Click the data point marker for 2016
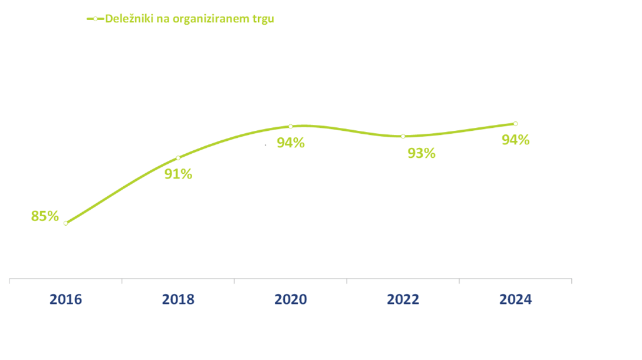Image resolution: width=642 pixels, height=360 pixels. pos(65,223)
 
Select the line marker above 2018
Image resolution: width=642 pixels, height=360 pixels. pos(178,158)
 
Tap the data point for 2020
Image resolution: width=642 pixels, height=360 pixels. pos(291,126)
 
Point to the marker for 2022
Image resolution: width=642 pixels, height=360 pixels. pos(403,136)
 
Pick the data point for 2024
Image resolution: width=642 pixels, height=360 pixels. pos(516,124)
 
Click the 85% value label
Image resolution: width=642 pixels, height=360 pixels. pos(45,216)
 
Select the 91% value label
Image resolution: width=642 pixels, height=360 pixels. pos(178,174)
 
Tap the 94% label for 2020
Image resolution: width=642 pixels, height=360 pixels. pos(291,143)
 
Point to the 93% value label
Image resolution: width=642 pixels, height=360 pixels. pos(422,153)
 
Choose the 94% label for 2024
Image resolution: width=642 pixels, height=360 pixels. pos(515,140)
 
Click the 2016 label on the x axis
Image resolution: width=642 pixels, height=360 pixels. pos(65,299)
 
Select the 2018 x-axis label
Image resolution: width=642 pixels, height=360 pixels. pos(178,299)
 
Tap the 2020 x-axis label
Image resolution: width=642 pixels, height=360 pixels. pos(291,299)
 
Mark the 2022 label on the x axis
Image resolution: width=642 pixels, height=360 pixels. pos(403,299)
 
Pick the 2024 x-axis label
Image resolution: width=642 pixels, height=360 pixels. pos(515,299)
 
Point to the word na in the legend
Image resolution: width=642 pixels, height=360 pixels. pos(164,19)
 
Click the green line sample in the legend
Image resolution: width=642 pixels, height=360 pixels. pos(95,19)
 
